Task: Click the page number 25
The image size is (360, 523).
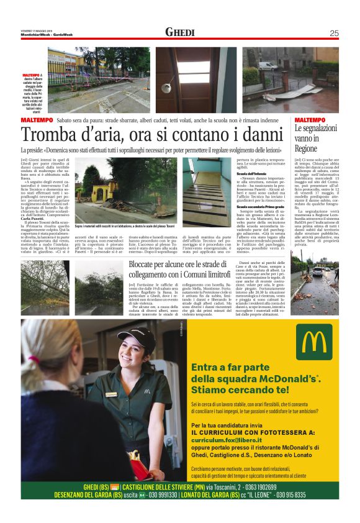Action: point(334,33)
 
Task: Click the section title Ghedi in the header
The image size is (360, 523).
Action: point(180,32)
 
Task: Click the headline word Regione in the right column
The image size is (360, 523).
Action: point(307,149)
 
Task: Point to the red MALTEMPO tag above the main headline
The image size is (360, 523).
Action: point(36,120)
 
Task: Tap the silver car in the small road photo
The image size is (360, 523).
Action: point(318,271)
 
